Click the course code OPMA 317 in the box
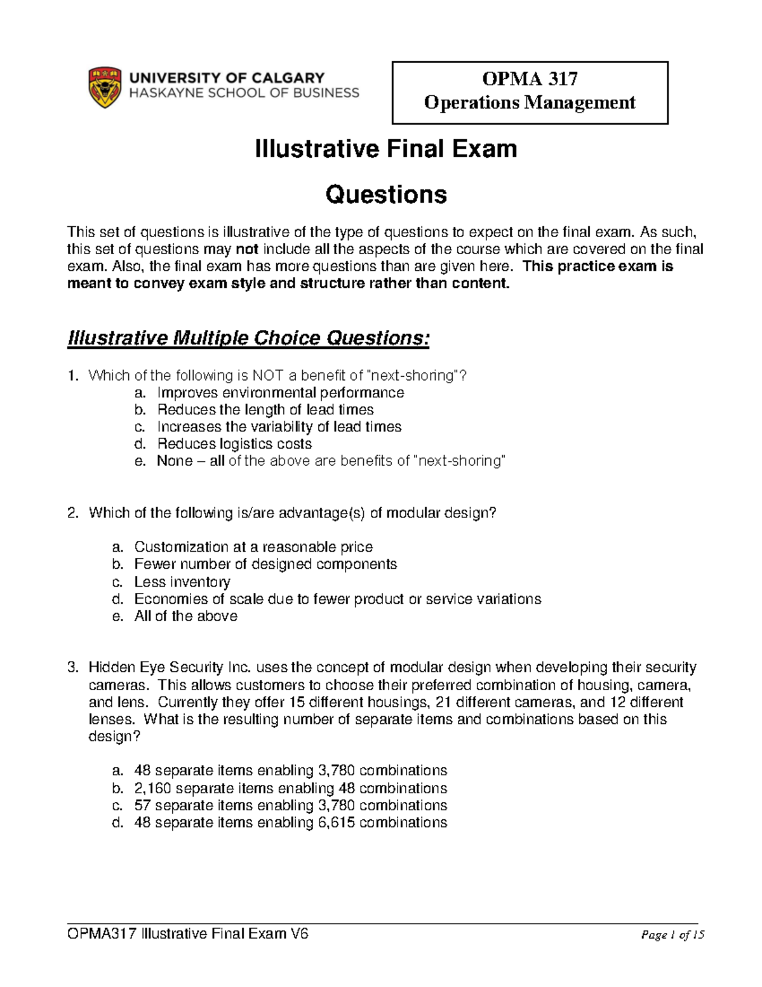tap(530, 79)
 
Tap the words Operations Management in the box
tap(530, 102)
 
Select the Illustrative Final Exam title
tap(385, 149)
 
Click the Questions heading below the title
tap(385, 194)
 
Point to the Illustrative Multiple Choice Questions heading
tap(248, 338)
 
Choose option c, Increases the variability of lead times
tap(279, 426)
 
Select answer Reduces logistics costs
tap(234, 444)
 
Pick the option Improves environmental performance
tap(280, 393)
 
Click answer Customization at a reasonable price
tap(253, 547)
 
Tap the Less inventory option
tap(182, 582)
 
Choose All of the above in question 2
tap(185, 616)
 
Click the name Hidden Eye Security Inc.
tap(170, 667)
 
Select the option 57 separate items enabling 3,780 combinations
tap(290, 805)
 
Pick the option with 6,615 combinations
tap(290, 822)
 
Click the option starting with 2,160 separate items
tap(290, 788)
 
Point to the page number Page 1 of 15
tap(672, 935)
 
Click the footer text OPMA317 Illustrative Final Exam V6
tap(188, 934)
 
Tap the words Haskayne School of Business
tap(244, 93)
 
